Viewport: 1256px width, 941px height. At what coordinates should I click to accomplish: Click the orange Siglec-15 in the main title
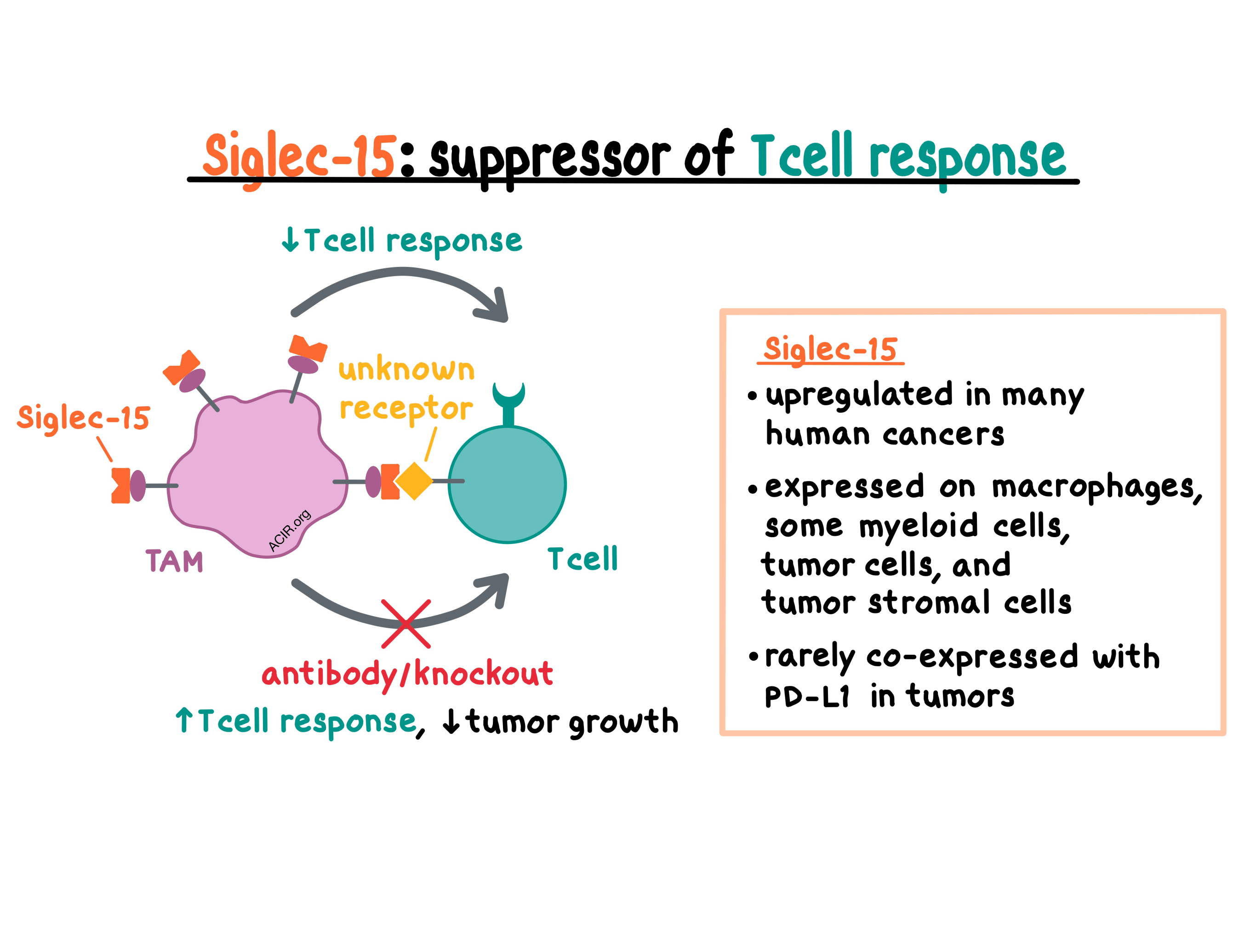299,156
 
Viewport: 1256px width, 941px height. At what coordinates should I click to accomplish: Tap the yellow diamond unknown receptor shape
414,481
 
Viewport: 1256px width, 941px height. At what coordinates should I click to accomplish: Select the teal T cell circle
507,485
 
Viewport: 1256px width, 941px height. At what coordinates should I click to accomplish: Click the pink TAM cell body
256,471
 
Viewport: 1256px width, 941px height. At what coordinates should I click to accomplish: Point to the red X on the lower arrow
406,624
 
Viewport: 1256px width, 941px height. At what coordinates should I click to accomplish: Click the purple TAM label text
174,561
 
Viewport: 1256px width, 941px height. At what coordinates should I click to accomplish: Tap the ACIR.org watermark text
289,530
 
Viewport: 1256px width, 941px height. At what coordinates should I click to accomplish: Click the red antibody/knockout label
406,674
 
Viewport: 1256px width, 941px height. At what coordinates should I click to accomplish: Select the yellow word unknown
406,370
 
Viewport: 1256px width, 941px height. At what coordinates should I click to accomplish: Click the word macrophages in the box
1096,488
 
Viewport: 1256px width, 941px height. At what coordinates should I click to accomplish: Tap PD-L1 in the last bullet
806,697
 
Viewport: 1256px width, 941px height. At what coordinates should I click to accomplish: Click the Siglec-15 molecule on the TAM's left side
128,485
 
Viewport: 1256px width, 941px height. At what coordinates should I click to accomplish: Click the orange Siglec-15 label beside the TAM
84,418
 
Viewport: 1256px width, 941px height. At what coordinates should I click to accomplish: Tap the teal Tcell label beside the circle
582,559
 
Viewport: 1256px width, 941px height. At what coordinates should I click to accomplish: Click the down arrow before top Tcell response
290,239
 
